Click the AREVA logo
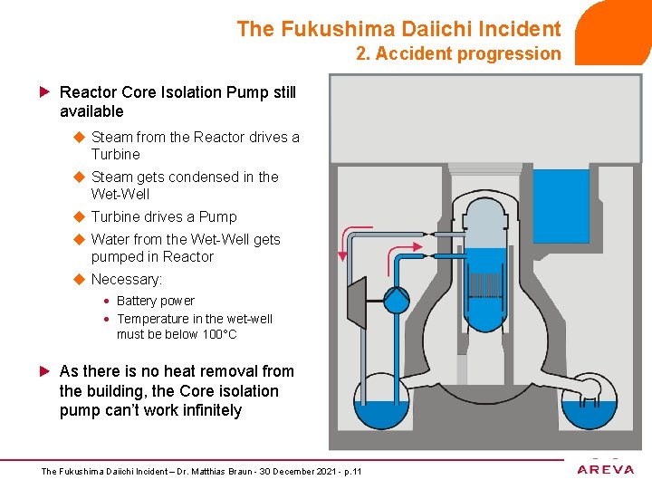606,469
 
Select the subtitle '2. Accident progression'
458,54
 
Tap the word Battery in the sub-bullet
137,301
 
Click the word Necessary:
127,280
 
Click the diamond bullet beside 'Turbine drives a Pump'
78,217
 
